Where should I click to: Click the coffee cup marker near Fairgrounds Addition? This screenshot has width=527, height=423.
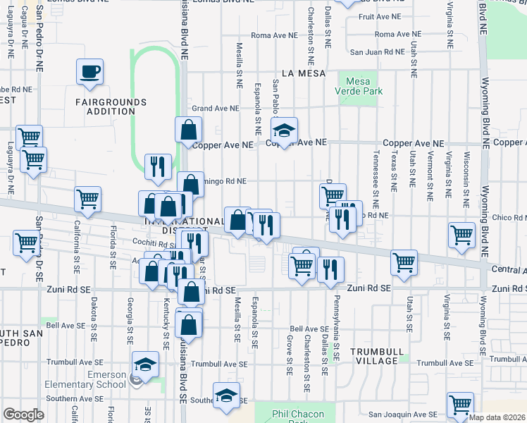point(90,72)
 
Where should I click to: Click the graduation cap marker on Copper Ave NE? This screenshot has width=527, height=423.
point(284,131)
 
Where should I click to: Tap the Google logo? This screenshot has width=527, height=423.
point(23,415)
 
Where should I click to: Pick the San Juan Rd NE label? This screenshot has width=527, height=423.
point(378,52)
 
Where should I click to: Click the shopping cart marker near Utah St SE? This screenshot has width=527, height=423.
point(404,262)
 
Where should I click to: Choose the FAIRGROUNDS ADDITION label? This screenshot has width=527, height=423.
point(111,106)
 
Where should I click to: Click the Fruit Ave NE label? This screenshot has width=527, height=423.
point(380,16)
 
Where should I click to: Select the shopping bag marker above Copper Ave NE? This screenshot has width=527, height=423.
point(189,130)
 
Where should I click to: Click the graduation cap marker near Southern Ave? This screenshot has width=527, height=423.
point(227,397)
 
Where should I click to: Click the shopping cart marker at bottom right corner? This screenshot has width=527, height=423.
point(460,405)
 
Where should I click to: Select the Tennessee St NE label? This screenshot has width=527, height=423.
point(376,173)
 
